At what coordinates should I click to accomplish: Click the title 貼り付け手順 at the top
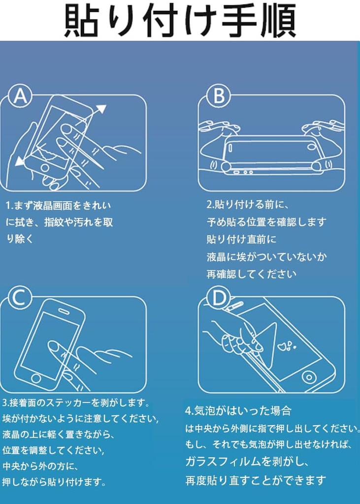[x=180, y=20]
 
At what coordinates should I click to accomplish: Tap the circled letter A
[x=20, y=96]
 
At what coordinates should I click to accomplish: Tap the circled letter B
[x=219, y=96]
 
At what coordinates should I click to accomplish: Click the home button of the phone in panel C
[x=36, y=378]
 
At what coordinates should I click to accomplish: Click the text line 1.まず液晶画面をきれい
[x=58, y=205]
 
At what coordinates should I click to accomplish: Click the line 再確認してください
[x=251, y=274]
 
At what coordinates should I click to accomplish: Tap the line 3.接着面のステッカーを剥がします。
[x=76, y=403]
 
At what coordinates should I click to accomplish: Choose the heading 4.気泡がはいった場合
[x=238, y=410]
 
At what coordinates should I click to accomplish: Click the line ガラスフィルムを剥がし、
[x=247, y=462]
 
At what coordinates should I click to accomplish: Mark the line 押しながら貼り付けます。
[x=54, y=482]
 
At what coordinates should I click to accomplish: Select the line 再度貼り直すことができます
[x=256, y=480]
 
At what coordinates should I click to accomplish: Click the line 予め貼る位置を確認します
[x=266, y=222]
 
